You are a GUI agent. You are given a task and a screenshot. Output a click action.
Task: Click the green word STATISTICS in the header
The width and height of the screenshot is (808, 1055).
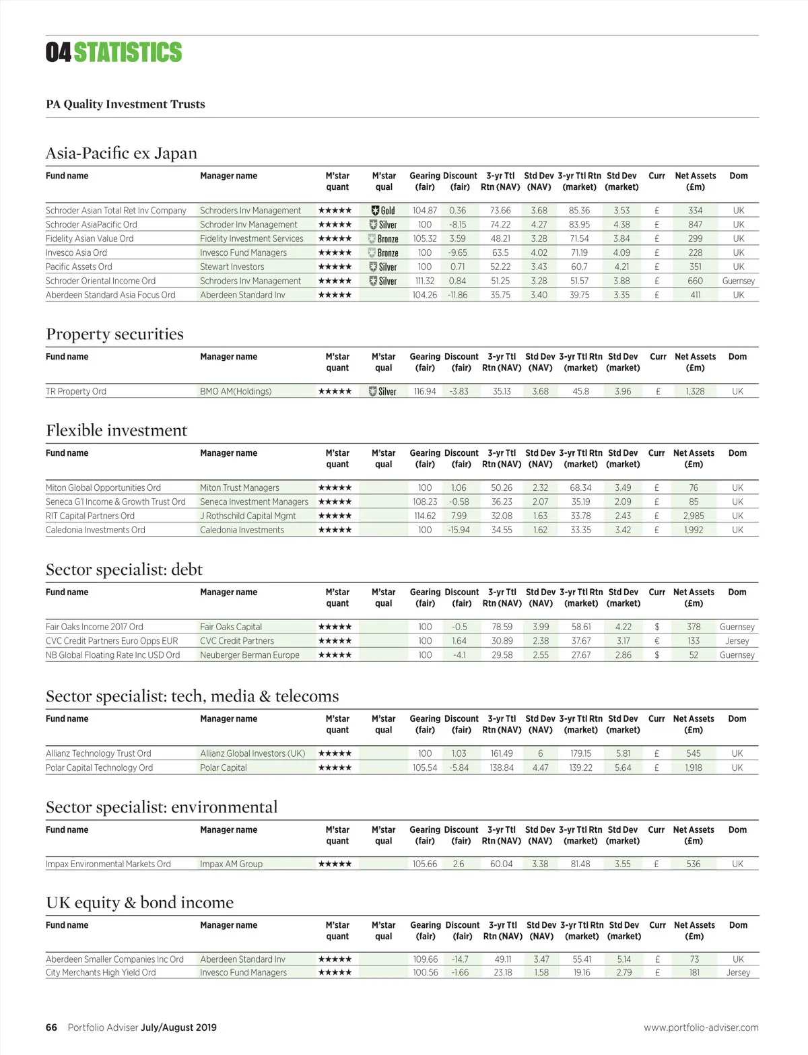(x=128, y=53)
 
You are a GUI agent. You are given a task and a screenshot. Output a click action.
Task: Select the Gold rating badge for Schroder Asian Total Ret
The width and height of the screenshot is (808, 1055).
(x=383, y=211)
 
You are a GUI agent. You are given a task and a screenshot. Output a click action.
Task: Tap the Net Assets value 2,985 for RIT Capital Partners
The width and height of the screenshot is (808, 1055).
(x=694, y=516)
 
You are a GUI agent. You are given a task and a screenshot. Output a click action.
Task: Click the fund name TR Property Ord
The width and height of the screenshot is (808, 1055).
(x=76, y=391)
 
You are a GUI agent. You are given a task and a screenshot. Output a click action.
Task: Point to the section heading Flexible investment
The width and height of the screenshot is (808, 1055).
(x=116, y=430)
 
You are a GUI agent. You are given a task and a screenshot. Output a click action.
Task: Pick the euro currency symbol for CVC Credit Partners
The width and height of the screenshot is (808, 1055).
(x=656, y=641)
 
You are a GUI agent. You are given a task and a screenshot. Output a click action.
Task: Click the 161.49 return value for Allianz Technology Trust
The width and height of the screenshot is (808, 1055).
(x=502, y=753)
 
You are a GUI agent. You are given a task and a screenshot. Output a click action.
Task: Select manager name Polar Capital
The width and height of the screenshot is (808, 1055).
(x=224, y=768)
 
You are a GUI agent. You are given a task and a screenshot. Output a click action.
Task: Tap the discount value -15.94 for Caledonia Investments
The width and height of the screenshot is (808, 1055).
(x=459, y=530)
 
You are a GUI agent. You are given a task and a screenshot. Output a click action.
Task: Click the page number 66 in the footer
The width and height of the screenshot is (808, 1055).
(x=51, y=1027)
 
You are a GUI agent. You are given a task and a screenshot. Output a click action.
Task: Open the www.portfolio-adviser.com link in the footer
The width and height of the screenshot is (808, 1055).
(x=701, y=1027)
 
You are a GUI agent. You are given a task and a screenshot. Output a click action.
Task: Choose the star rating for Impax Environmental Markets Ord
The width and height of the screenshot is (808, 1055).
(x=335, y=864)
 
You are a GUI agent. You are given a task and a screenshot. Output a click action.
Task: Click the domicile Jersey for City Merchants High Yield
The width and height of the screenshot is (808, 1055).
(x=738, y=972)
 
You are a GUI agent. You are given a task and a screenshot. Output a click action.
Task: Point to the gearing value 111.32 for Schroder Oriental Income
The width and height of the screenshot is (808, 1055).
(x=425, y=281)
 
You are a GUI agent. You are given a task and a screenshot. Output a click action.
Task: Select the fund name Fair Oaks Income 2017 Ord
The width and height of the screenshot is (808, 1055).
(x=94, y=627)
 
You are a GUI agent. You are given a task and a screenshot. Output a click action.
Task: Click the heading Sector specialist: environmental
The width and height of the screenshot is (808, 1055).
(x=162, y=807)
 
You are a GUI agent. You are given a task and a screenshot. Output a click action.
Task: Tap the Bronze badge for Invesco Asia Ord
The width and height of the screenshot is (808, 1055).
(x=383, y=253)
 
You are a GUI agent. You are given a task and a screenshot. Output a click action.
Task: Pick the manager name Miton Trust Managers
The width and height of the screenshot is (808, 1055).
(x=240, y=487)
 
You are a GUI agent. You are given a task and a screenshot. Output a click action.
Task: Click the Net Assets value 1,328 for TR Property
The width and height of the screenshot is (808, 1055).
(x=695, y=391)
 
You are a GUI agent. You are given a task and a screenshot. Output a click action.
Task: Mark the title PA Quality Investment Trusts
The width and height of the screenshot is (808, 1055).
(x=125, y=104)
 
